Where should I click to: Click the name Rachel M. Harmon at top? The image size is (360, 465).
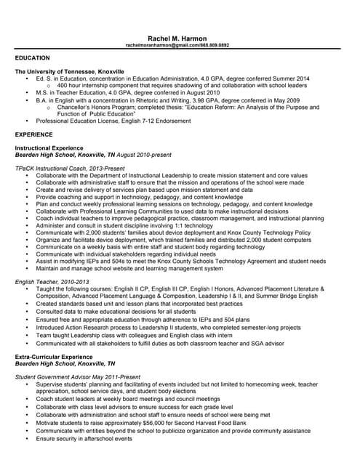(177, 38)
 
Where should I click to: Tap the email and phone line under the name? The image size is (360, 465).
(177, 45)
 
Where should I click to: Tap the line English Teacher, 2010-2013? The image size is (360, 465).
(52, 280)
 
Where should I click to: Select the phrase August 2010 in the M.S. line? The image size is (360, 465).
(199, 93)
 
